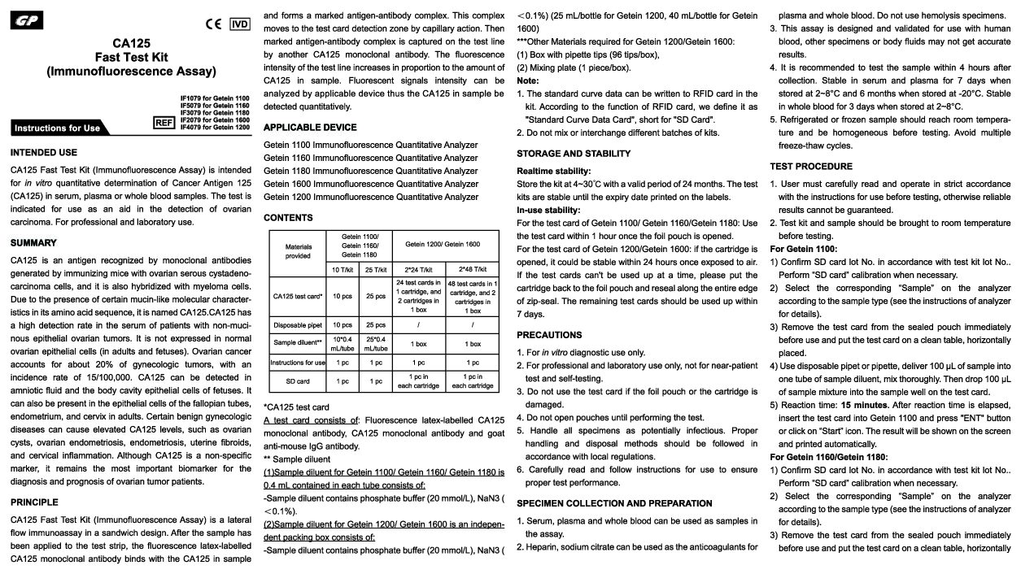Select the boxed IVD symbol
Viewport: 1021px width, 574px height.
(x=240, y=24)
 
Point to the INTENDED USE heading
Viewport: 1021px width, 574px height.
(x=44, y=152)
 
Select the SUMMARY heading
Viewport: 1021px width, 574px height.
(x=33, y=242)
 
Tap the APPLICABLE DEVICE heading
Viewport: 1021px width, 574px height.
(x=310, y=128)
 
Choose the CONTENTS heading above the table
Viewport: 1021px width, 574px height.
(x=288, y=218)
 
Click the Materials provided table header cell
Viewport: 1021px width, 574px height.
(x=298, y=250)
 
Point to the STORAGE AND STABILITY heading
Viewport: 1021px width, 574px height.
(x=574, y=154)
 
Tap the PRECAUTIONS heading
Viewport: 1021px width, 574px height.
(x=549, y=335)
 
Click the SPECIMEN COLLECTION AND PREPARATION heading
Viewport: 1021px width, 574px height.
(x=614, y=503)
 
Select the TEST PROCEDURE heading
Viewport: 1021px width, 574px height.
(x=811, y=166)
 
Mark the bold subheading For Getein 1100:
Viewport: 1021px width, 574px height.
(x=803, y=249)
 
